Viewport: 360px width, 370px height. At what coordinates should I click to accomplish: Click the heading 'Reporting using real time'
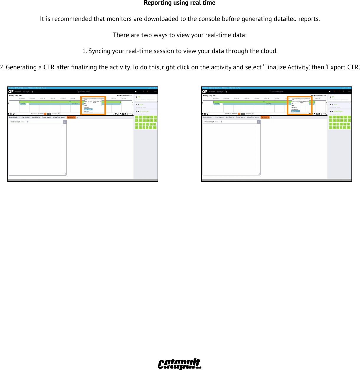[x=179, y=3]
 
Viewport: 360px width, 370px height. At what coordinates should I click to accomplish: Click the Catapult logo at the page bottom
[x=179, y=364]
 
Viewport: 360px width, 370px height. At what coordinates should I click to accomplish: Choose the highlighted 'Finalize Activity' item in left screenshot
[x=88, y=109]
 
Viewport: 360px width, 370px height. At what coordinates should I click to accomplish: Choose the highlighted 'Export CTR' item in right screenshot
[x=295, y=111]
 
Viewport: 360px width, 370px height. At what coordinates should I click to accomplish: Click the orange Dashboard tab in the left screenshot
[x=71, y=117]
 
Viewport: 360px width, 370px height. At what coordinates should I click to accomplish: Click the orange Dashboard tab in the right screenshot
[x=264, y=117]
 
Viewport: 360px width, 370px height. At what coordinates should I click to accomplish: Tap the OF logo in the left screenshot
[x=11, y=92]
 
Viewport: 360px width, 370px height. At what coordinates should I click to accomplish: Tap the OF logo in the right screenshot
[x=205, y=92]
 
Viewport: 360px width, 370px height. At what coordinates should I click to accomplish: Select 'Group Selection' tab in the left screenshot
[x=14, y=117]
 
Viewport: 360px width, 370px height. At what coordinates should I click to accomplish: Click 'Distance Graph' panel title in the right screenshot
[x=210, y=122]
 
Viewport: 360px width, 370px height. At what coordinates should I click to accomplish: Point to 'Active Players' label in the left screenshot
[x=144, y=111]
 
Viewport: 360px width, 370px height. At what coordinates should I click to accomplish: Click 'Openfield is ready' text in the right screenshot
[x=277, y=92]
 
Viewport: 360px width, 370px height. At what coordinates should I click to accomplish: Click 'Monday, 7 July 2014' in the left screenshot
[x=15, y=96]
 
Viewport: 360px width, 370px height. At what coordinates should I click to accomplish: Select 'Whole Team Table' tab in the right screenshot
[x=252, y=117]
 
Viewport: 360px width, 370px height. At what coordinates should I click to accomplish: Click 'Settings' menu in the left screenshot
[x=26, y=92]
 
